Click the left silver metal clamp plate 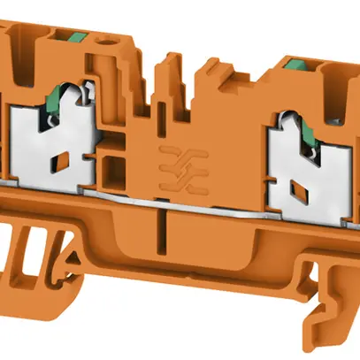(x=49, y=142)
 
